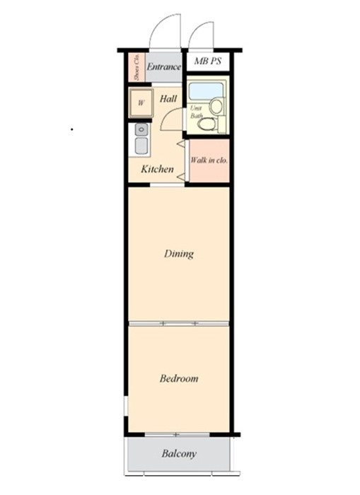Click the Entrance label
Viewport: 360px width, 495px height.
coord(163,67)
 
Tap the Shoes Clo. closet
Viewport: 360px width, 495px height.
coord(137,67)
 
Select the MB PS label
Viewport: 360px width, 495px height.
coord(207,61)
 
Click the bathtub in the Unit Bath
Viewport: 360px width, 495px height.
coord(205,90)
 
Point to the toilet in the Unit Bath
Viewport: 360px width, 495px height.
coord(207,124)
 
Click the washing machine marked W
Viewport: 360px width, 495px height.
coord(141,103)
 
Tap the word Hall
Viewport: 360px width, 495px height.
coord(168,99)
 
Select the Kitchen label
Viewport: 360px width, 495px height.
coord(157,169)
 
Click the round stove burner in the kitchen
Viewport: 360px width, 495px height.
coord(141,129)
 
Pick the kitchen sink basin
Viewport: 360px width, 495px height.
coord(141,146)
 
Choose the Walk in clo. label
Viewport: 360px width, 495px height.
coord(209,161)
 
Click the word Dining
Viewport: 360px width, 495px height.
coord(179,254)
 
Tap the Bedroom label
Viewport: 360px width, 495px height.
coord(179,378)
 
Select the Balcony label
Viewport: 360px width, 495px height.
coord(179,454)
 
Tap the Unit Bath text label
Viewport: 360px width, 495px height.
coord(196,112)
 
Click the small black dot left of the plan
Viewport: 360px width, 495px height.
coord(72,129)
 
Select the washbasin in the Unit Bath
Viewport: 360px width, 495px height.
coord(216,106)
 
